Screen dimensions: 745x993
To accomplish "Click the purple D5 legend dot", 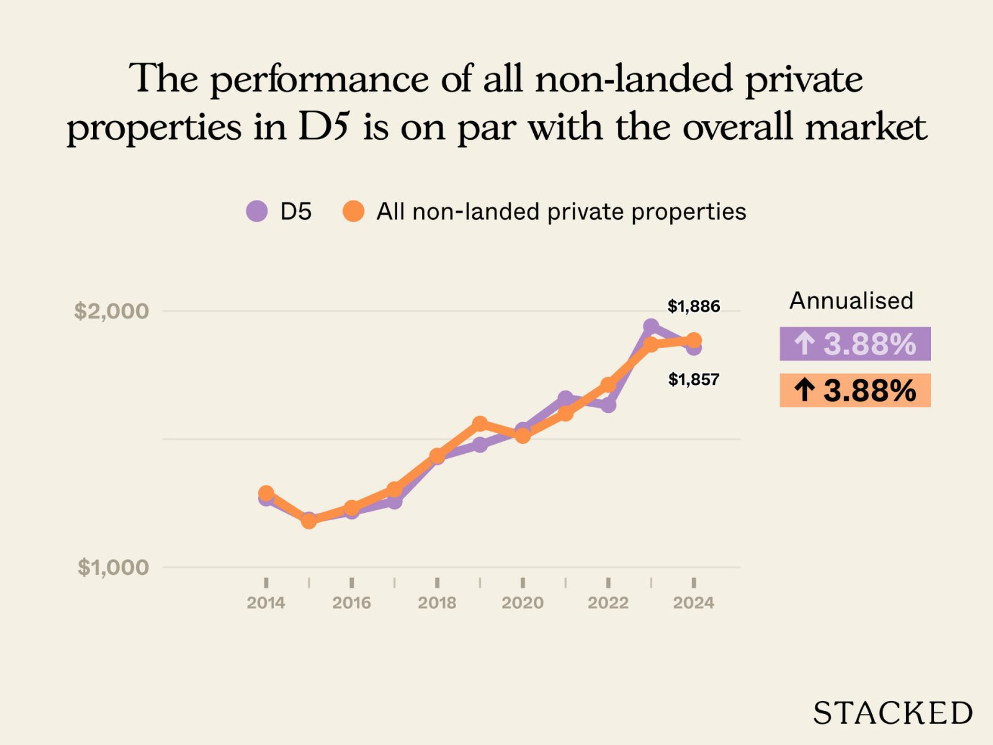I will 257,212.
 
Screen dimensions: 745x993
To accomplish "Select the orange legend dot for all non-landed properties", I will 353,212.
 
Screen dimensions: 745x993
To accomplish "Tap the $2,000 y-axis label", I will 112,311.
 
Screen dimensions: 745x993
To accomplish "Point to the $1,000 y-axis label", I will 113,567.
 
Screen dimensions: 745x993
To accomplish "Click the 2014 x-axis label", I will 266,603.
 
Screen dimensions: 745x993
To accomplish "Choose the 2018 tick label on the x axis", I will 437,603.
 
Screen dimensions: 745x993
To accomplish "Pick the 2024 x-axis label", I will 693,603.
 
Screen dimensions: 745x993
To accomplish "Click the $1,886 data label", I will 693,306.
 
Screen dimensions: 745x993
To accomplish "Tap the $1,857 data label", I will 693,379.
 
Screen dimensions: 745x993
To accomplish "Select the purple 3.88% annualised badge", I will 855,344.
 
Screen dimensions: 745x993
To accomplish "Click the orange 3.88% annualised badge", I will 855,391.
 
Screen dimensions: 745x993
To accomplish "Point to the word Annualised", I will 851,301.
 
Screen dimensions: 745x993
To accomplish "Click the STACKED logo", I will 892,713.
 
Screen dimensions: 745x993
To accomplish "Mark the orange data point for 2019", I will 480,425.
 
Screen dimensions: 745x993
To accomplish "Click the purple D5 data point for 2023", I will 650,327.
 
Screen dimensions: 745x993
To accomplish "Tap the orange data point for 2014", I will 266,494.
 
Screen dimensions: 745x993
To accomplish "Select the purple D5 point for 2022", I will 608,405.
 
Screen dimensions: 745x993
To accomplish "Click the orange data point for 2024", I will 694,340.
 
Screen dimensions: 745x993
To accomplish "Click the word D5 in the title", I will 325,127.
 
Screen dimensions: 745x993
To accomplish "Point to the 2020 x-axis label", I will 523,603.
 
